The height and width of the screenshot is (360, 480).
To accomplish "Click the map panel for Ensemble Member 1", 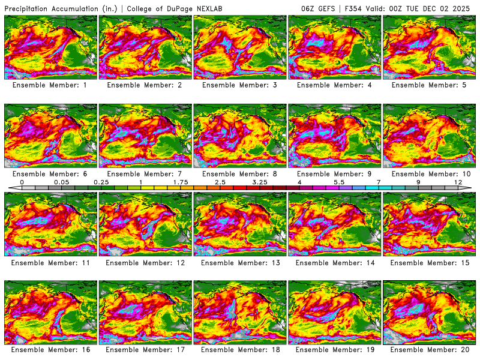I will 50,47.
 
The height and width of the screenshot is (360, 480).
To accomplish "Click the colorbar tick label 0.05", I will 61,182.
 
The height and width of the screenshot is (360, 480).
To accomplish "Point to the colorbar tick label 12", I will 458,182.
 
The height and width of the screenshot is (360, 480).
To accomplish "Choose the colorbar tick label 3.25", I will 260,182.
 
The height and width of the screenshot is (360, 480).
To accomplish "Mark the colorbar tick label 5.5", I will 339,182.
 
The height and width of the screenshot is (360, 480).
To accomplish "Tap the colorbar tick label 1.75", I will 181,182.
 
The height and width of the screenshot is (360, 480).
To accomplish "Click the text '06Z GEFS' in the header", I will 318,8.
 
